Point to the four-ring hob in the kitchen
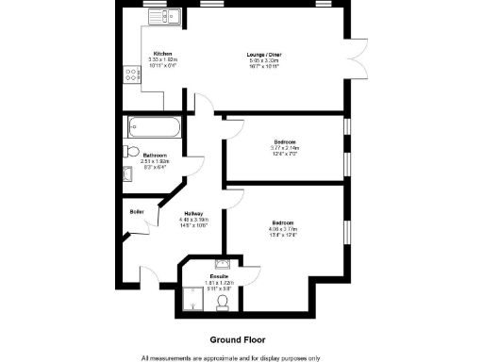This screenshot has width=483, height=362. (129, 76)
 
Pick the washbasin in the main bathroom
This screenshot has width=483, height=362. (127, 173)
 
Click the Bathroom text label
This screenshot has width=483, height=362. (155, 155)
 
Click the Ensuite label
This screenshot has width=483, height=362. (218, 276)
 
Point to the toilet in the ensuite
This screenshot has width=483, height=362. (224, 302)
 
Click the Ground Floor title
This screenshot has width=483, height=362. (238, 338)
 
